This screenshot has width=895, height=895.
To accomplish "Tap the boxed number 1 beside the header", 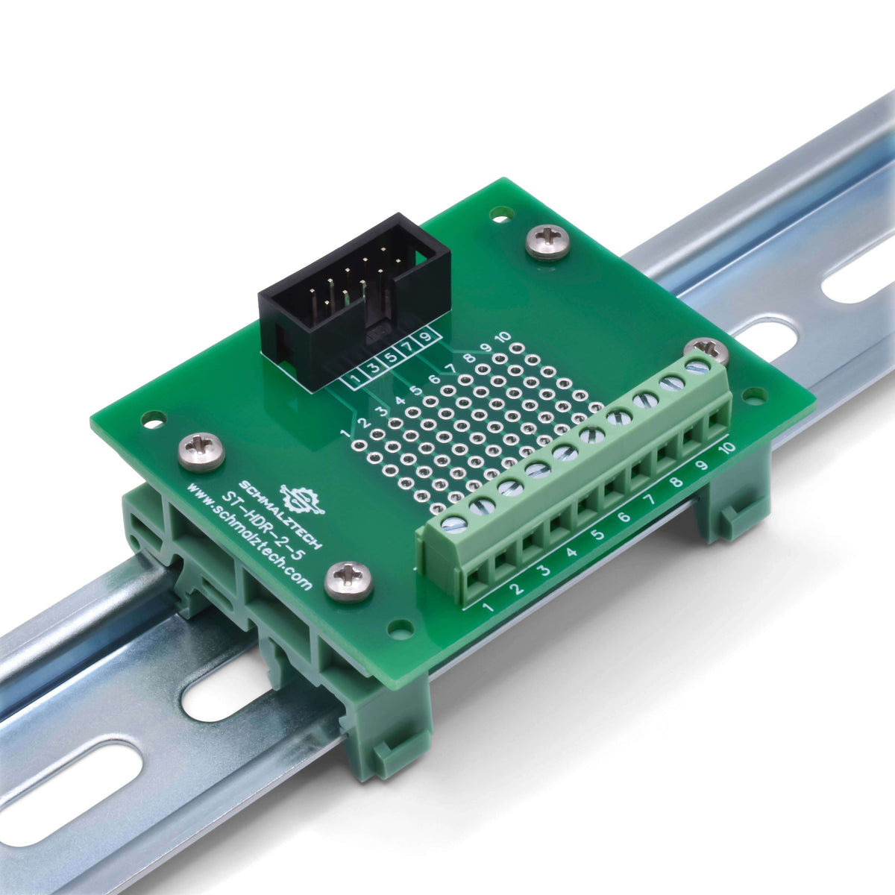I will [357, 378].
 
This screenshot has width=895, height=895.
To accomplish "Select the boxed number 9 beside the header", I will [426, 337].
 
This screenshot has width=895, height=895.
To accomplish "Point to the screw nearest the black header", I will [548, 242].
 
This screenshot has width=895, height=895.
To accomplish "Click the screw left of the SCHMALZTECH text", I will [201, 452].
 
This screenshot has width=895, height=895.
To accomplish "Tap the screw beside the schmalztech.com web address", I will [349, 580].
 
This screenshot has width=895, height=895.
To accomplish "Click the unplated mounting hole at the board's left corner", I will [154, 419].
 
